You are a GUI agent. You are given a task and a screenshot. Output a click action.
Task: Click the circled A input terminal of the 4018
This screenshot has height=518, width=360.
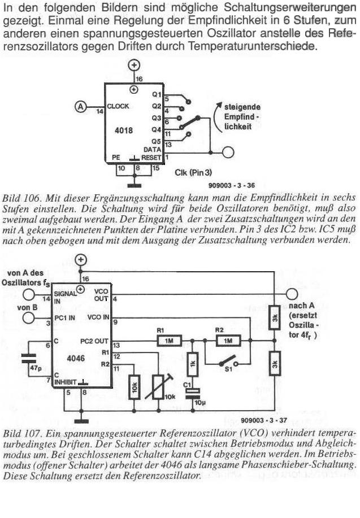(82, 106)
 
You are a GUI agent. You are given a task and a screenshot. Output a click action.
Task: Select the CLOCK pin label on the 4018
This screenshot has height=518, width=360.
(118, 106)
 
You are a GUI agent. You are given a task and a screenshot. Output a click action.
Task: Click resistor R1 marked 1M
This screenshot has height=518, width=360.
(169, 341)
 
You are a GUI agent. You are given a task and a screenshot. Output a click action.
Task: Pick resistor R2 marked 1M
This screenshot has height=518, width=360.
(228, 341)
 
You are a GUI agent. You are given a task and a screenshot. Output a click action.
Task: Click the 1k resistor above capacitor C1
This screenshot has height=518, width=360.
(192, 365)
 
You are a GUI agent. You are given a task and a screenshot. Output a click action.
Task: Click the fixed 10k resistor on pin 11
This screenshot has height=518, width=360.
(133, 389)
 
